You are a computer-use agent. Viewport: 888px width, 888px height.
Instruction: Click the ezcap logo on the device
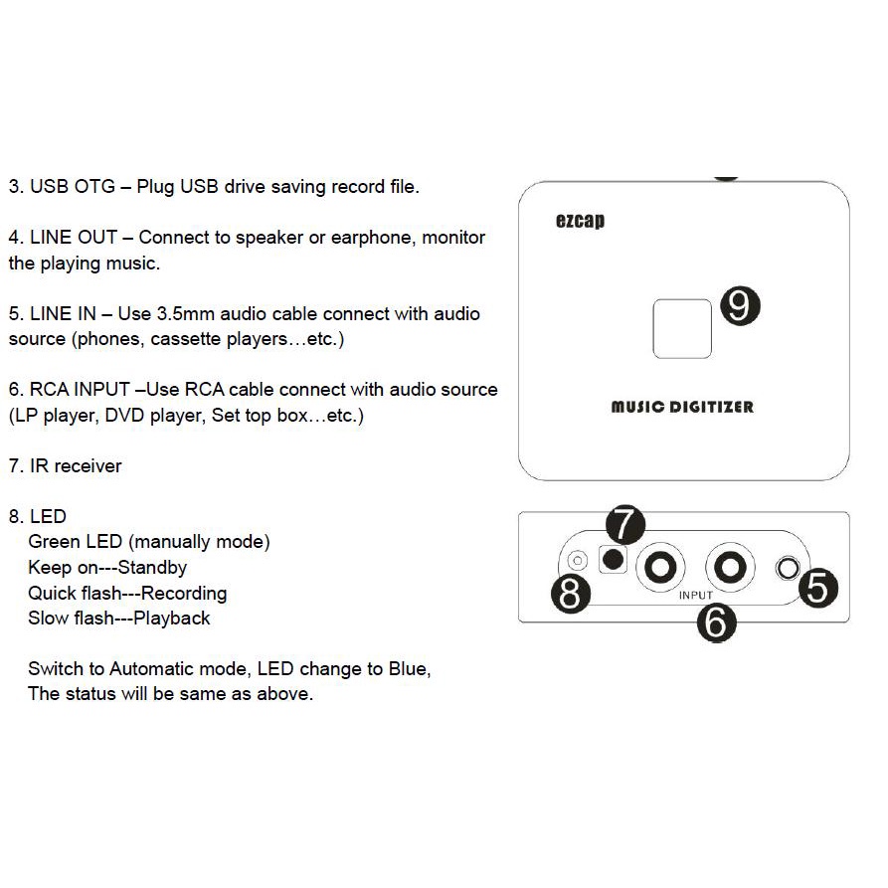click(580, 221)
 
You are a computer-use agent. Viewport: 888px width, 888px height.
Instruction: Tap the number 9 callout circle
click(738, 306)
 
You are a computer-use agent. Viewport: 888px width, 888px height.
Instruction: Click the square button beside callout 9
click(681, 328)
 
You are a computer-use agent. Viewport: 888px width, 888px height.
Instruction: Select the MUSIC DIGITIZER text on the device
click(682, 407)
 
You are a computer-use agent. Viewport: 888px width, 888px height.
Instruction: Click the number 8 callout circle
click(571, 595)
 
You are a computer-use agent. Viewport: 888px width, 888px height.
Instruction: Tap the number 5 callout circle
click(816, 587)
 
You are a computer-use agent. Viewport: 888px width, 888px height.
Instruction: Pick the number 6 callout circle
click(717, 622)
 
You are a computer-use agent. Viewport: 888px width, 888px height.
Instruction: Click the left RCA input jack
click(660, 568)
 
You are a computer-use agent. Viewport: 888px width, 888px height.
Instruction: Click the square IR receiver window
click(614, 560)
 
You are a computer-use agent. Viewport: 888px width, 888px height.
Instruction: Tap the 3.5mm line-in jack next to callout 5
click(788, 569)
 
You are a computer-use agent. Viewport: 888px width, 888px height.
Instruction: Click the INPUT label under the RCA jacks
click(696, 595)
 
